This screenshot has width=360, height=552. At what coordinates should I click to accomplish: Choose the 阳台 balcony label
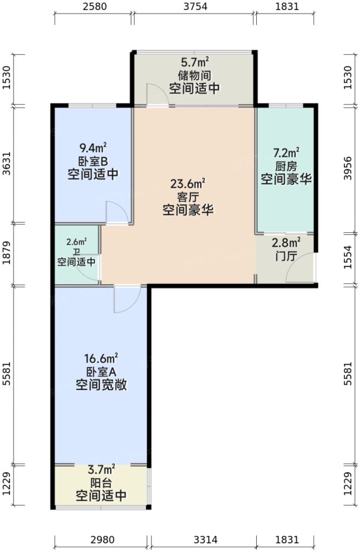[x=101, y=483]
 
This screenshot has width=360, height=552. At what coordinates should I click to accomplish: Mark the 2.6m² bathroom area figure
[x=76, y=242]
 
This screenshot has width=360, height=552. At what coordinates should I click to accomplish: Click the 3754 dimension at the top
[x=194, y=7]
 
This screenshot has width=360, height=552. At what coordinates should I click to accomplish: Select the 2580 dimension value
[x=93, y=7]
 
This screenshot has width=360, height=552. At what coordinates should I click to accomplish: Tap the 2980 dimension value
[x=101, y=540]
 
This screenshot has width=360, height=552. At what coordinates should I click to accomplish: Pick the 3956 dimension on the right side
[x=349, y=169]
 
